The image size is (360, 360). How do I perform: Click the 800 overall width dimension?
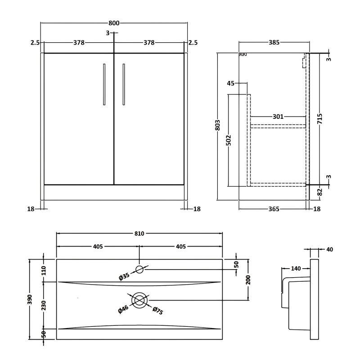(x=114, y=23)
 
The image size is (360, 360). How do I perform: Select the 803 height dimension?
(x=217, y=125)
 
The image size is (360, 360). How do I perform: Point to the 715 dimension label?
(x=319, y=119)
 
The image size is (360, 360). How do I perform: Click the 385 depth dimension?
(x=274, y=43)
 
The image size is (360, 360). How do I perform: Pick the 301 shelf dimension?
(x=278, y=117)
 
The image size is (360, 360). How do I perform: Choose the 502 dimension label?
(x=228, y=139)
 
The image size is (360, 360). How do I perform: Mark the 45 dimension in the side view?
(x=231, y=83)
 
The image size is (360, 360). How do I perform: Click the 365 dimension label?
(x=274, y=209)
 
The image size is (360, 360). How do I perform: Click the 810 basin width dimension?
(x=139, y=233)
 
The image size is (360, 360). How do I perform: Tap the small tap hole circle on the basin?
(x=139, y=270)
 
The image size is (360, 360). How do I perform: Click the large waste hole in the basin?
(x=139, y=300)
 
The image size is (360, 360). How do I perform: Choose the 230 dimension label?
(x=43, y=305)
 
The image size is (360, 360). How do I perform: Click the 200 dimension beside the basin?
(x=248, y=280)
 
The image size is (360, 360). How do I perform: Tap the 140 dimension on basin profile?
(x=296, y=269)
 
